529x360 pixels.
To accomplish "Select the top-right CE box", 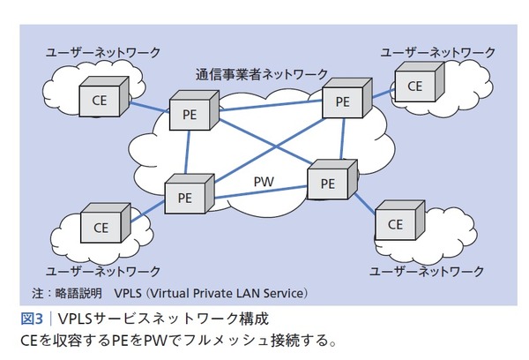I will [x=414, y=86].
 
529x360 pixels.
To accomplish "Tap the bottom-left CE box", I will [x=101, y=227].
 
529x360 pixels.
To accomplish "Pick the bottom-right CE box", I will [x=395, y=224].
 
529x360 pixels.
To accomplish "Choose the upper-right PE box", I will [x=343, y=101].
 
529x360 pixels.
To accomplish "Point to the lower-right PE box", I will [x=327, y=183].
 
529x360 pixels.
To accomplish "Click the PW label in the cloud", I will [x=264, y=182].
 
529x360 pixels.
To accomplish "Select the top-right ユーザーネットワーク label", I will [x=438, y=54].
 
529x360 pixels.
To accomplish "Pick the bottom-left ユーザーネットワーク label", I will [x=103, y=269].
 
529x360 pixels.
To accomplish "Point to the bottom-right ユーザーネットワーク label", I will [x=427, y=269].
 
